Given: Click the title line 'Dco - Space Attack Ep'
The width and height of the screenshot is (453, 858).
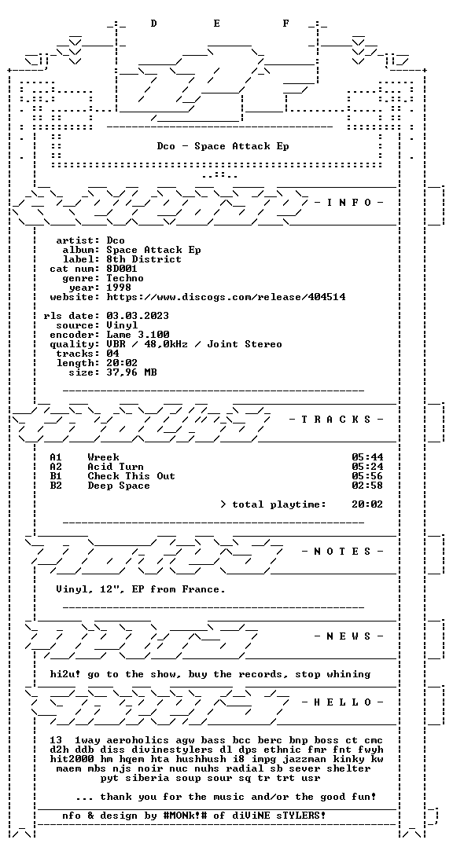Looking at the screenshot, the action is coord(223,146).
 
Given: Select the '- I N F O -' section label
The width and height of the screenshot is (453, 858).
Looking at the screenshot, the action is coord(349,203).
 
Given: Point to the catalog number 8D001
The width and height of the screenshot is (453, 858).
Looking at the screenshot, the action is coord(122,269).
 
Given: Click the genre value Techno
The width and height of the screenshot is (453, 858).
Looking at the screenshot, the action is coord(125,278).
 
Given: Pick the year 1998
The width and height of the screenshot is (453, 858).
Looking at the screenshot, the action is coord(119,288).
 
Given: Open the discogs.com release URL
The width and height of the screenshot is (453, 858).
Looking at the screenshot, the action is coord(226,297).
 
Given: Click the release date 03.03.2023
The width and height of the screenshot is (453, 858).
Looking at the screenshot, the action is coord(138,316).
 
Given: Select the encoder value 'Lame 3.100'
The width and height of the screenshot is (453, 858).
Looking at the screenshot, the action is coord(138,335).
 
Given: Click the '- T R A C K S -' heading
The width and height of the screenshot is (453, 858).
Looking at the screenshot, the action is coord(337,420).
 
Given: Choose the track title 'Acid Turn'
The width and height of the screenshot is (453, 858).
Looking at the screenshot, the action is coord(116,467).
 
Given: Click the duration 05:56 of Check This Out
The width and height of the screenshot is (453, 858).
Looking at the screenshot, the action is coord(367,476).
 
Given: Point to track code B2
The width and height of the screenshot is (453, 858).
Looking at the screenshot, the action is coord(56,486).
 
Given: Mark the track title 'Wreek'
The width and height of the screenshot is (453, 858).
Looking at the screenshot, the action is coord(103,457).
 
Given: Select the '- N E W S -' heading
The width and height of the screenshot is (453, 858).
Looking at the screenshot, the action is coord(349,636).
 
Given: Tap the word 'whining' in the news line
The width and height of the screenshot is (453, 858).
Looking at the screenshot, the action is coord(349,674).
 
